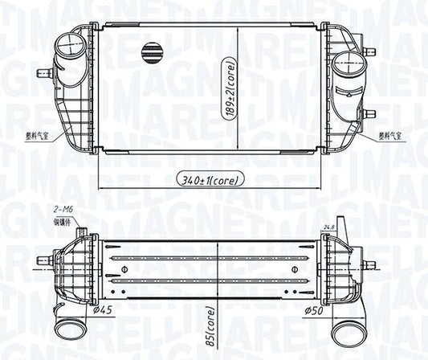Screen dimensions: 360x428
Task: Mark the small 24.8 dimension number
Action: coord(327,227)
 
